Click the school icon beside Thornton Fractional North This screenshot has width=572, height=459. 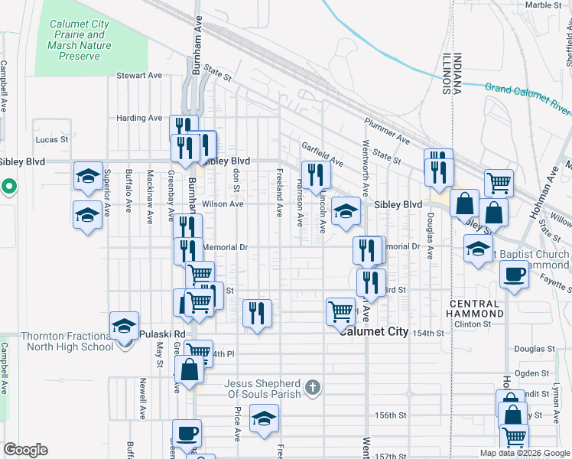click(x=124, y=327)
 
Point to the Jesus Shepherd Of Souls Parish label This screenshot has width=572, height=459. click(x=262, y=389)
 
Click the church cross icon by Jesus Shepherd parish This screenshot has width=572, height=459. click(x=311, y=388)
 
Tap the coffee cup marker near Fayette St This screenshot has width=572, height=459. click(x=514, y=274)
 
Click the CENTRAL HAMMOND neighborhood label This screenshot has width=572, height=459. click(x=474, y=309)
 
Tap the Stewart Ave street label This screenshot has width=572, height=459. click(x=139, y=76)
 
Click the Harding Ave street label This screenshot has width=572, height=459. click(x=139, y=119)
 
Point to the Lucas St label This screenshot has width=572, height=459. click(x=53, y=141)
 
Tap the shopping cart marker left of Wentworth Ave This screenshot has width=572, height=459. click(x=340, y=311)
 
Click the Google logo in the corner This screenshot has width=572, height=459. click(x=25, y=450)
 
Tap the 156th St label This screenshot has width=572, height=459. click(x=389, y=415)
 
